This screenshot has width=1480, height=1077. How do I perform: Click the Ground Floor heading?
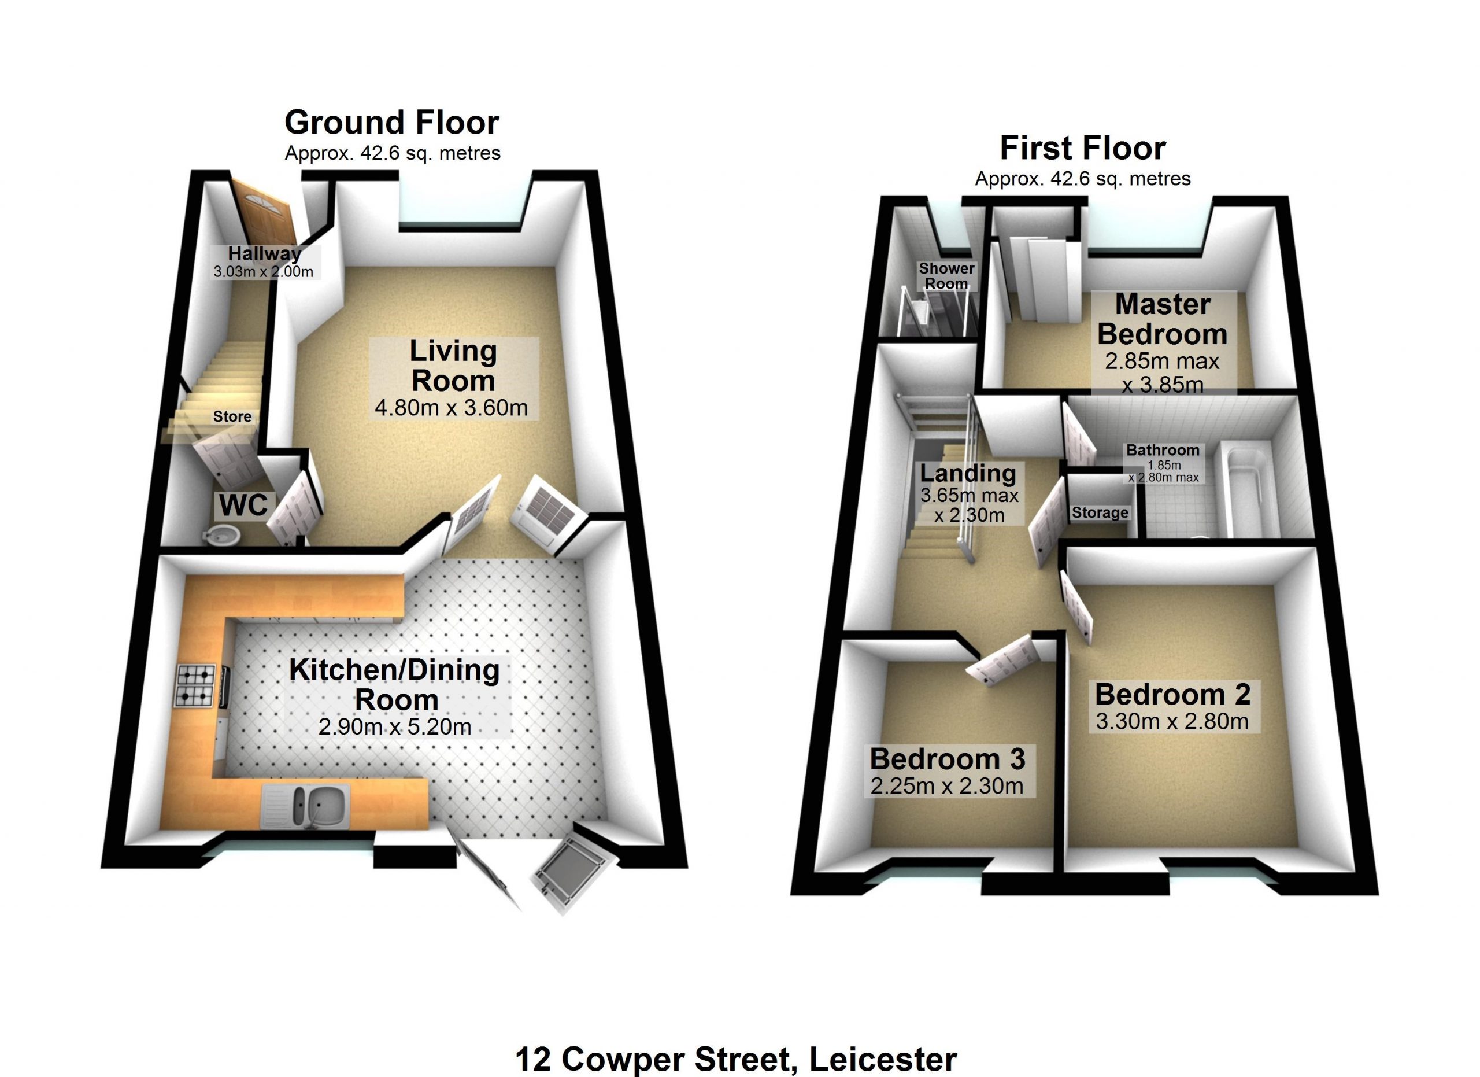(x=391, y=123)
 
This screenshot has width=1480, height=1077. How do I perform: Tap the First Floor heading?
(x=1083, y=148)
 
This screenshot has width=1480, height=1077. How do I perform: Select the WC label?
(x=243, y=504)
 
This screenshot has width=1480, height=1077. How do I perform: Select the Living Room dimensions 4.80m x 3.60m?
(x=451, y=408)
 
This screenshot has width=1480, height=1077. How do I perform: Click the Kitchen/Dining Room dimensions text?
(x=395, y=727)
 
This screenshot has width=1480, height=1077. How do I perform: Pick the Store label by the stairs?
(x=232, y=416)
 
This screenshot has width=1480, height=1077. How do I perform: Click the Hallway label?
(x=264, y=253)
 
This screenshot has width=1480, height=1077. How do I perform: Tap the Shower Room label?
(x=947, y=276)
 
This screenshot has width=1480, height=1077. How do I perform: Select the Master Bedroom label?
(x=1162, y=319)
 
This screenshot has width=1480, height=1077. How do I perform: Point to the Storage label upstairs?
(x=1100, y=513)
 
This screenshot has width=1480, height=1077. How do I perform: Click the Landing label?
(x=968, y=473)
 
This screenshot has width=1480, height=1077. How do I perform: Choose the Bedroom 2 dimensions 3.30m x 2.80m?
(x=1172, y=721)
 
